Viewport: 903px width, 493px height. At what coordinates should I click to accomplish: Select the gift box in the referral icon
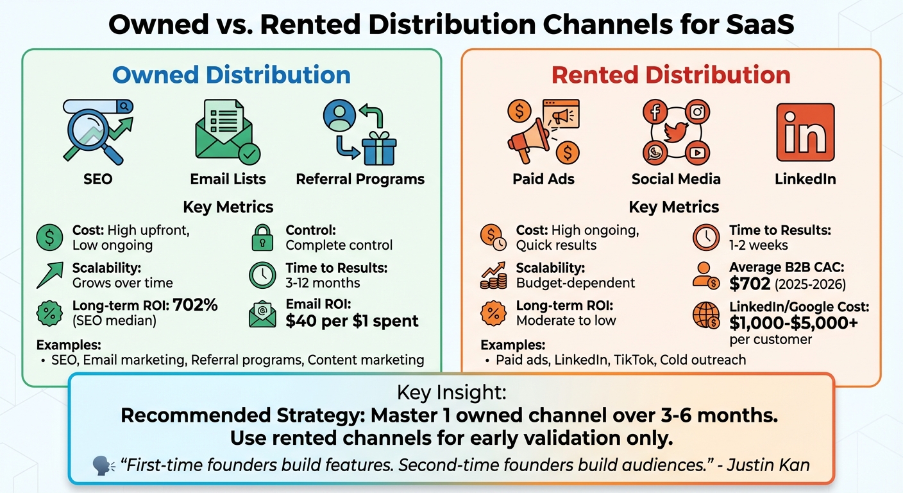point(378,149)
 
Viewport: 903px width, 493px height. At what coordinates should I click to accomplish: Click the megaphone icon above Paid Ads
point(530,137)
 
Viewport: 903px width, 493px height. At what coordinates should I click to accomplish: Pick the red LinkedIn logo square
point(805,133)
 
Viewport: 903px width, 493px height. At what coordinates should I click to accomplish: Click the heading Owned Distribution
point(232,75)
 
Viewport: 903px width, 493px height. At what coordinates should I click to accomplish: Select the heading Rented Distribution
point(671,75)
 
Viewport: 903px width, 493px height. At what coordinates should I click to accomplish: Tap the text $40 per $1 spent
point(352,321)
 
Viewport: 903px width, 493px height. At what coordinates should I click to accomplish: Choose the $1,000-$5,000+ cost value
point(793,322)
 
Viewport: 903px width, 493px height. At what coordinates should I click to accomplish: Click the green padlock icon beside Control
point(262,238)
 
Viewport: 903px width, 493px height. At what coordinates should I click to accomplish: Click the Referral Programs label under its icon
point(360,179)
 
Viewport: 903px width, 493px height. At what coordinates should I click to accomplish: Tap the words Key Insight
point(451,393)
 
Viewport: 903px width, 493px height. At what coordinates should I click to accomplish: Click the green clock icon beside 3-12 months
point(262,275)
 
